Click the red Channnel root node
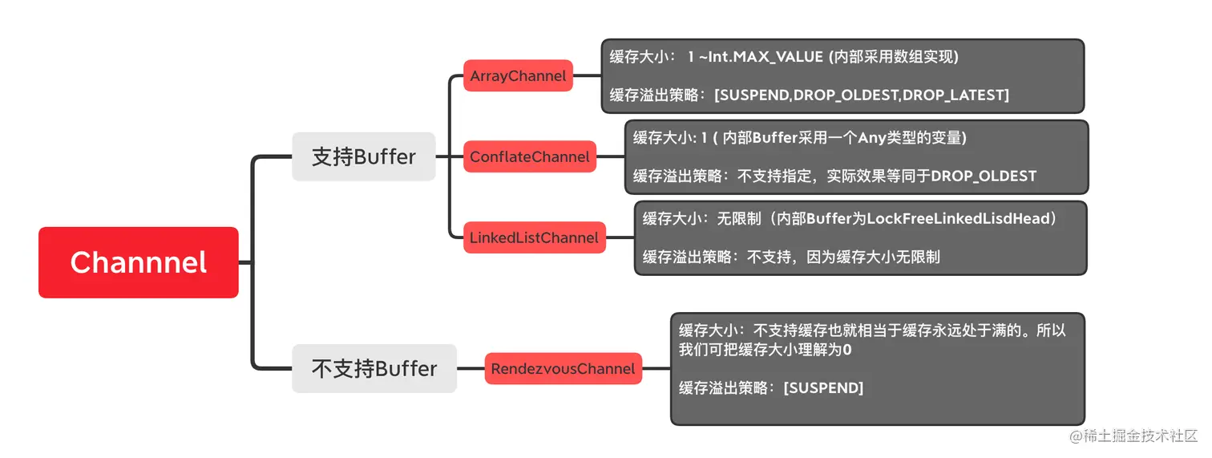(x=138, y=262)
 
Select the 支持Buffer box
(x=363, y=156)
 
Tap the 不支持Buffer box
(x=374, y=368)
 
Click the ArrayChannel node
(x=518, y=76)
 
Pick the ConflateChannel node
(x=529, y=156)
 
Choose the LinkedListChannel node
(x=534, y=237)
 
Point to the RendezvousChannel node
(x=563, y=368)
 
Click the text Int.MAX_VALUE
(x=766, y=57)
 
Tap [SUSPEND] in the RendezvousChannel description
(x=822, y=388)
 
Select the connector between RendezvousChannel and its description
(x=656, y=368)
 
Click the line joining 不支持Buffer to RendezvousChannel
(x=471, y=368)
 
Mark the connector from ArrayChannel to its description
(x=587, y=76)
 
